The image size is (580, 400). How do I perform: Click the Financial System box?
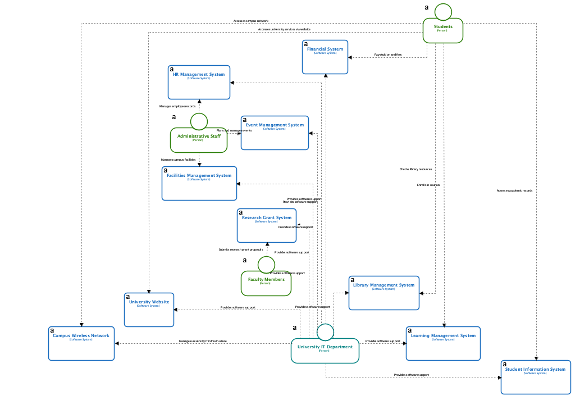click(325, 57)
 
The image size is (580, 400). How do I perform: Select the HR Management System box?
click(199, 83)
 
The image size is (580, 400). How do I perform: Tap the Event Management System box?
click(275, 133)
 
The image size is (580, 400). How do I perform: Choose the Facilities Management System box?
click(199, 184)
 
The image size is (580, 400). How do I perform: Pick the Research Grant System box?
click(267, 225)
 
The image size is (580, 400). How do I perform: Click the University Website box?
click(149, 310)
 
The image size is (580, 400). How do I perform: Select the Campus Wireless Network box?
click(81, 343)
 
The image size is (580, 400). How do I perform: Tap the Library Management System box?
click(383, 293)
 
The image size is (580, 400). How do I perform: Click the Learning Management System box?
click(443, 343)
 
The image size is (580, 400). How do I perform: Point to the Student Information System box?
click(535, 377)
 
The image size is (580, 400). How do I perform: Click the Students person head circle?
click(443, 12)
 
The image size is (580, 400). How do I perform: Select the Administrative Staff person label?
click(199, 137)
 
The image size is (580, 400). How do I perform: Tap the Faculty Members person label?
click(266, 280)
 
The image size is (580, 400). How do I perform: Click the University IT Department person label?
click(325, 347)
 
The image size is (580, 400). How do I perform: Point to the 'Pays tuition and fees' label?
click(388, 54)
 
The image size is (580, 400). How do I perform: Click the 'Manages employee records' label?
click(177, 106)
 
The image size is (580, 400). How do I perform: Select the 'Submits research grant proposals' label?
click(241, 249)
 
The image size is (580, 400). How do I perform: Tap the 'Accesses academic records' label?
click(514, 190)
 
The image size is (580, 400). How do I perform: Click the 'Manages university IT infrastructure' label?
click(203, 341)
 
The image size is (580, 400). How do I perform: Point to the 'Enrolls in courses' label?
click(428, 185)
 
